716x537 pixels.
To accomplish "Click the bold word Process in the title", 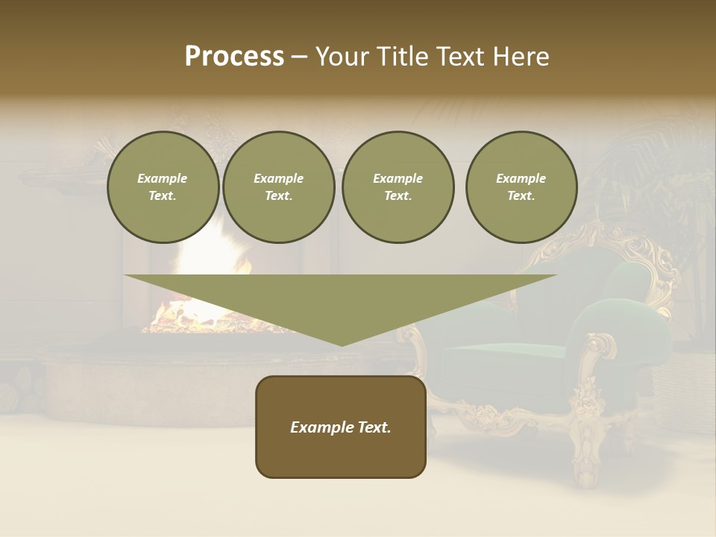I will [234, 57].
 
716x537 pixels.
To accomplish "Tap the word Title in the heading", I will [398, 57].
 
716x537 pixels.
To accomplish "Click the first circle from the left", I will [163, 187].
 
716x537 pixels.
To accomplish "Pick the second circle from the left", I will [278, 187].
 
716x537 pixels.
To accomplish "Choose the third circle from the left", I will [398, 187].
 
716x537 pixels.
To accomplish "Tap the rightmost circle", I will [521, 187].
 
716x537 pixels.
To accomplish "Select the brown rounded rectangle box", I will [341, 455].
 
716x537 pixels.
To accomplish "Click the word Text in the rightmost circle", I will [521, 196].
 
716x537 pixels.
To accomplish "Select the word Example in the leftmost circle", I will [163, 178].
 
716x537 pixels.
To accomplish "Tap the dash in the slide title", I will [299, 57].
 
